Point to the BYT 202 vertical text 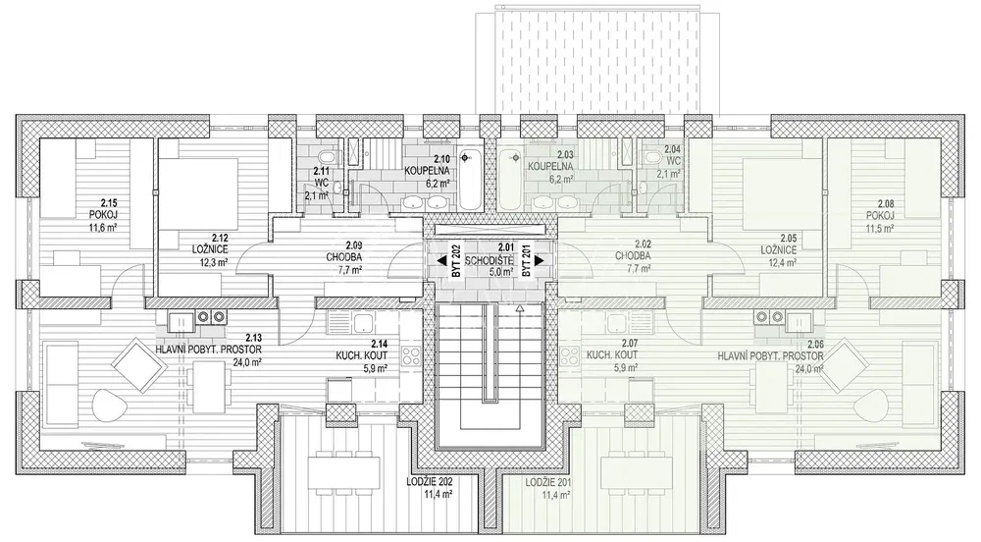456,262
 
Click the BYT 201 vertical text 527,262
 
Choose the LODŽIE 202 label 430,482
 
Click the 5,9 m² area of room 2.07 625,368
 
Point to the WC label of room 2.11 320,183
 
